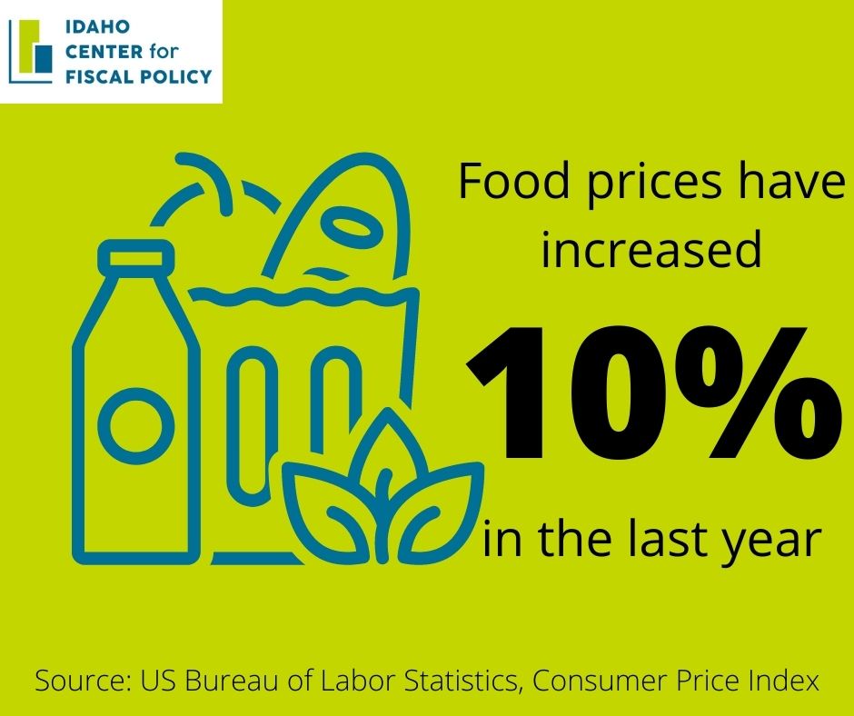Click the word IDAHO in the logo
[x=97, y=26]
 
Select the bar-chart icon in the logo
[x=31, y=52]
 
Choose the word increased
[x=650, y=250]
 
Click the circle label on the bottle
[x=136, y=426]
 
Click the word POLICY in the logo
[x=176, y=76]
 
